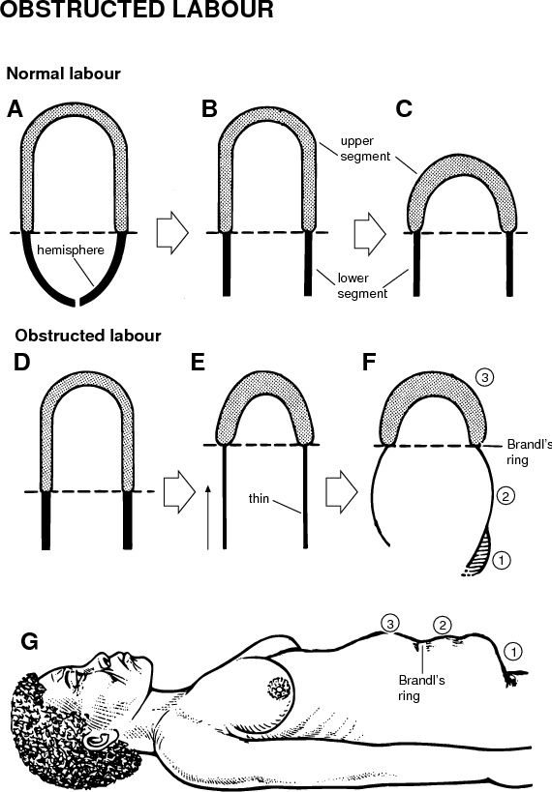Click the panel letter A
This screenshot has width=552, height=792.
(15, 108)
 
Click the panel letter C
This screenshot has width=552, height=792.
(404, 108)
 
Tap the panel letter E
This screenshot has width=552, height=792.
(198, 363)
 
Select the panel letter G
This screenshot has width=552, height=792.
(30, 641)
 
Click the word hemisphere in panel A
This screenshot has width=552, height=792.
(71, 250)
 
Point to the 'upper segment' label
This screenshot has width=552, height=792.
(365, 149)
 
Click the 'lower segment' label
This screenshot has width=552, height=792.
(362, 285)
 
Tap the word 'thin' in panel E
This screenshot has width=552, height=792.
(259, 498)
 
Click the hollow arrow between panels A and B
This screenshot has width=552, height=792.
(172, 233)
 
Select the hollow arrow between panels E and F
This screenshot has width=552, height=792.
(342, 492)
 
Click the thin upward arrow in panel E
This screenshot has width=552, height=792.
(208, 517)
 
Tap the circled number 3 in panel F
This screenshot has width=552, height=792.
(484, 377)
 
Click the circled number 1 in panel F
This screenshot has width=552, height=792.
(501, 560)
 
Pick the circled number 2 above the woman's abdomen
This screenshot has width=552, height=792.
(443, 626)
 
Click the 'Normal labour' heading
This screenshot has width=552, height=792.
(63, 73)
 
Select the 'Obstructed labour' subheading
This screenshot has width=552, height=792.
(88, 336)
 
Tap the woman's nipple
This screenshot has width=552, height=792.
(279, 688)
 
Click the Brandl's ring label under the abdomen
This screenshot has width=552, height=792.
(421, 688)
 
